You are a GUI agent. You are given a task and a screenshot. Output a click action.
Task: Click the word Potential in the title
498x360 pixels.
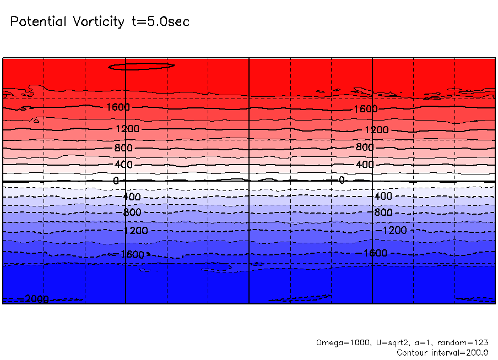pos(37,22)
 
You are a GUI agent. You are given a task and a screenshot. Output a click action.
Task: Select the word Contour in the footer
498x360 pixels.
pos(412,352)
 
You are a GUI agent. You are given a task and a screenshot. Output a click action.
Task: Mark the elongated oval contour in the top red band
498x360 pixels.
pos(142,66)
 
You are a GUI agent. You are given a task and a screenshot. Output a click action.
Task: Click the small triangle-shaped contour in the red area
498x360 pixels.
pos(36,120)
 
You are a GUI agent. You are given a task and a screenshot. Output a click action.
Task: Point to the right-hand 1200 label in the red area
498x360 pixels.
pos(377,130)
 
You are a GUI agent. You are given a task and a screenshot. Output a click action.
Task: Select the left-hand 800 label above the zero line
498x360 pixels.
pos(124,148)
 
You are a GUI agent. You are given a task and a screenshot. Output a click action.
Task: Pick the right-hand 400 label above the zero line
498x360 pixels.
pos(365,165)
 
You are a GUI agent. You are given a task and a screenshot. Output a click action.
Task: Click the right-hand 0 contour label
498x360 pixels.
pos(342,180)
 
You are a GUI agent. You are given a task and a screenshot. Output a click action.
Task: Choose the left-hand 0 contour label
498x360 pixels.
pos(116,181)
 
